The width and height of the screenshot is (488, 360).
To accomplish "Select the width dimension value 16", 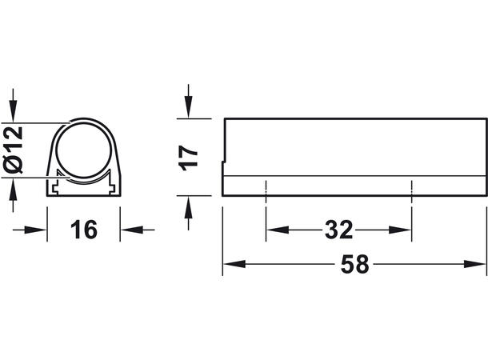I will pyautogui.click(x=83, y=230).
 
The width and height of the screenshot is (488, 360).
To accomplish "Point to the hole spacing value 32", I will pyautogui.click(x=338, y=230).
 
